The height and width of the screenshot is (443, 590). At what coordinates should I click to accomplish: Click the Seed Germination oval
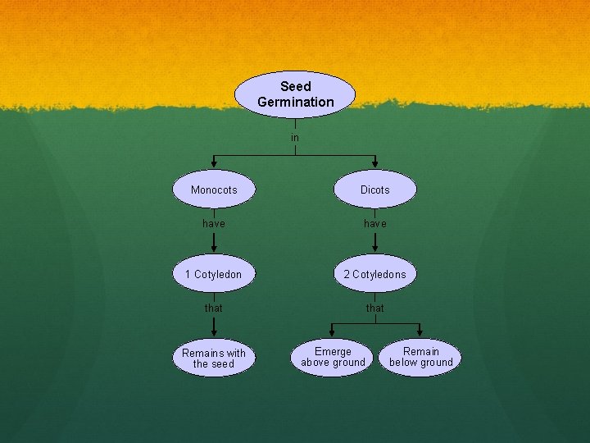295,94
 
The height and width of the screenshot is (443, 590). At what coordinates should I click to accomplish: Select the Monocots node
214,190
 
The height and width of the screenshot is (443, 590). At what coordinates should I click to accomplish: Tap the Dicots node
375,190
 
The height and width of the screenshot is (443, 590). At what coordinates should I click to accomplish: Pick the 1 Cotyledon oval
214,274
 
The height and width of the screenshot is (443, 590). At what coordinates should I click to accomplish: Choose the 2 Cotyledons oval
375,274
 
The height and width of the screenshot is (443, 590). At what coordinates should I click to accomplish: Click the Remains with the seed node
214,358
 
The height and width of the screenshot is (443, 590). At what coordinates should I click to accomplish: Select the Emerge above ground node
333,357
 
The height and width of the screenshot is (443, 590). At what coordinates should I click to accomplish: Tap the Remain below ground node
421,357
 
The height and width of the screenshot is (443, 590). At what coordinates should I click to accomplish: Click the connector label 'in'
295,138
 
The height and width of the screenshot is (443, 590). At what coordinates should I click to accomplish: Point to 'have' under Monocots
214,223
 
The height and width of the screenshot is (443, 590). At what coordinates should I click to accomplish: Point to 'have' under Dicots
375,223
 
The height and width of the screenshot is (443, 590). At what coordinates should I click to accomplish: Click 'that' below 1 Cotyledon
214,308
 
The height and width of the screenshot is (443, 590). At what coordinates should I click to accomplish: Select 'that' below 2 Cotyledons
375,308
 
